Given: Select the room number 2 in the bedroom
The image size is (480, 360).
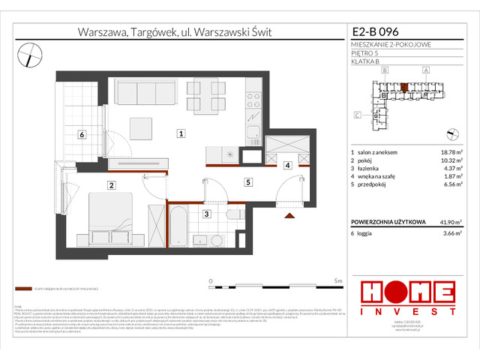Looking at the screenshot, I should [x=111, y=185].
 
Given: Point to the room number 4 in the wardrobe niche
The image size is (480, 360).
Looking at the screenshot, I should [x=288, y=166].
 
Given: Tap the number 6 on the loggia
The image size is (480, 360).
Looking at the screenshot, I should [x=82, y=134].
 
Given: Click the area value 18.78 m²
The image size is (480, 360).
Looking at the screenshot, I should [x=447, y=152].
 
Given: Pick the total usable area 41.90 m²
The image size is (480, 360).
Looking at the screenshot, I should [x=448, y=223].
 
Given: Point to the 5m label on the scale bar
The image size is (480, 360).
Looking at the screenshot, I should [x=338, y=280].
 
